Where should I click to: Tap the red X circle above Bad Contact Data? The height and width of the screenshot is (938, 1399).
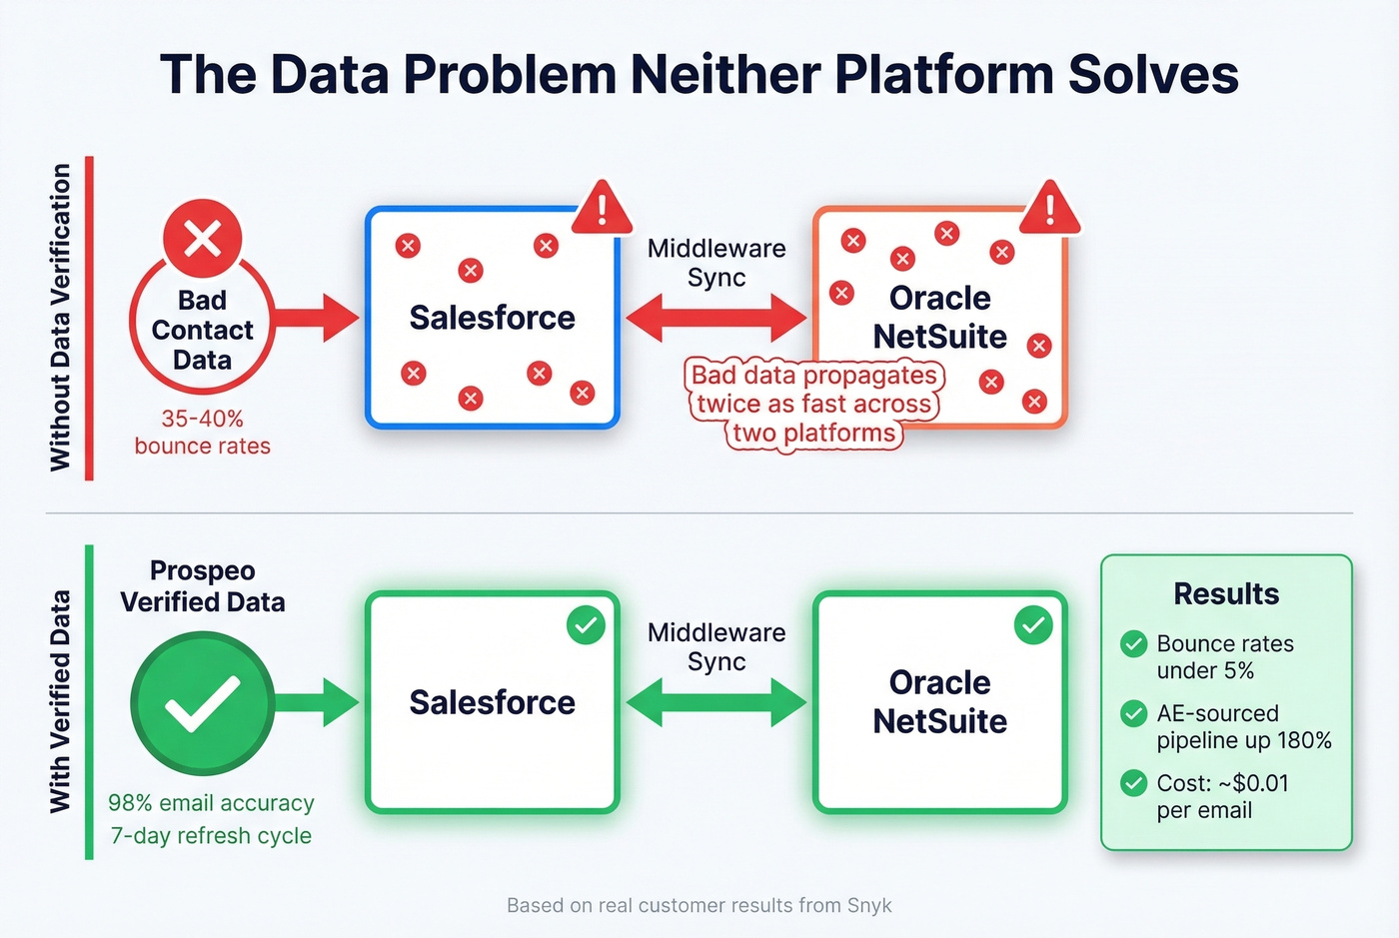pyautogui.click(x=203, y=239)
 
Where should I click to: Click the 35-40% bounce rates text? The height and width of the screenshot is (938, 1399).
pyautogui.click(x=203, y=433)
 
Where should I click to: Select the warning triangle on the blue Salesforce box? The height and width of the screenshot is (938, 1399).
pyautogui.click(x=602, y=210)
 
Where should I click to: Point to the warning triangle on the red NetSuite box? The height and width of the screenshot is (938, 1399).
pyautogui.click(x=1049, y=210)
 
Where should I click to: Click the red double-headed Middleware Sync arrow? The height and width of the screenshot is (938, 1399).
pyautogui.click(x=715, y=319)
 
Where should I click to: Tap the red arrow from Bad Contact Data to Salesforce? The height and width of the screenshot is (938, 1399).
pyautogui.click(x=315, y=319)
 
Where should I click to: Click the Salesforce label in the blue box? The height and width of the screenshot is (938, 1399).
pyautogui.click(x=492, y=318)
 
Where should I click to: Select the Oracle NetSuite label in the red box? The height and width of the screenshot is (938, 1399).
pyautogui.click(x=939, y=317)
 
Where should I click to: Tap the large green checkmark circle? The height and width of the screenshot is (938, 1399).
pyautogui.click(x=203, y=703)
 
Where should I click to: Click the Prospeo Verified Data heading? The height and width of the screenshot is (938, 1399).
pyautogui.click(x=203, y=586)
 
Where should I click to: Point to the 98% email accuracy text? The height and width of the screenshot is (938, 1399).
pyautogui.click(x=211, y=803)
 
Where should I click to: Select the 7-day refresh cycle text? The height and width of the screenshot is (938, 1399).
pyautogui.click(x=211, y=836)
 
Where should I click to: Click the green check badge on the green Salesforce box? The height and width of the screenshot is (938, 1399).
pyautogui.click(x=586, y=625)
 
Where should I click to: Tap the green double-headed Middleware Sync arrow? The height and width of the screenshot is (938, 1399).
pyautogui.click(x=715, y=702)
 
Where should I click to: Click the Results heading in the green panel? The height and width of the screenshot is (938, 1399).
pyautogui.click(x=1226, y=594)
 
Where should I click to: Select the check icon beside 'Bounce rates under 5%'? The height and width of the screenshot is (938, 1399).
pyautogui.click(x=1133, y=644)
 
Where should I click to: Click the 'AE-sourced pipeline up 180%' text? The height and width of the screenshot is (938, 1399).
pyautogui.click(x=1244, y=727)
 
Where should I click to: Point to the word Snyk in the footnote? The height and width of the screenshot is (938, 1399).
pyautogui.click(x=869, y=906)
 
